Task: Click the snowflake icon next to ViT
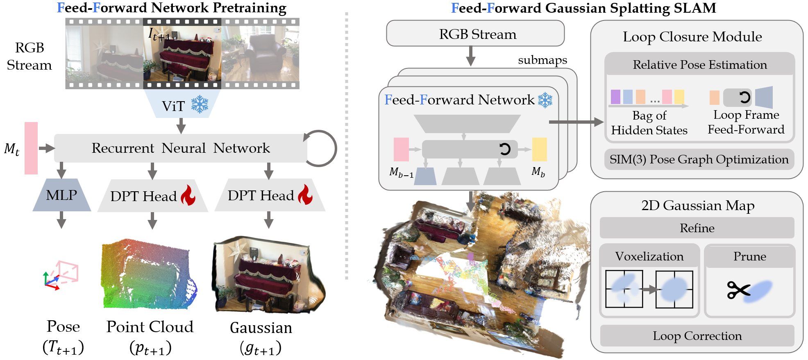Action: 200,105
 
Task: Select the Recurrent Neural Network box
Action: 180,148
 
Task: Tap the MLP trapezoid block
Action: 61,195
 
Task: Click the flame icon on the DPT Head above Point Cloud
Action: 188,195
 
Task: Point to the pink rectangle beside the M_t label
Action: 31,148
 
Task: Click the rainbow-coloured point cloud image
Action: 149,274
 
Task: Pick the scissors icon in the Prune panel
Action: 738,290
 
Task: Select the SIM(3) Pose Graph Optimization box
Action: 699,159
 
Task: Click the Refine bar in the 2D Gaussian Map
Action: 697,228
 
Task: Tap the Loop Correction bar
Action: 697,336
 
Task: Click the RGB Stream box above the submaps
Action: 475,34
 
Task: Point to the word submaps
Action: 542,60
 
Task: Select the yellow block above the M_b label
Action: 539,149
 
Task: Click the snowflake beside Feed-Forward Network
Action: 545,100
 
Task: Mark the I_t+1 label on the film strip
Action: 159,34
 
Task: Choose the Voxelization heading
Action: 649,256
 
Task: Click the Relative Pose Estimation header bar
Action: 699,65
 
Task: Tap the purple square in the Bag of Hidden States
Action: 615,97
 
